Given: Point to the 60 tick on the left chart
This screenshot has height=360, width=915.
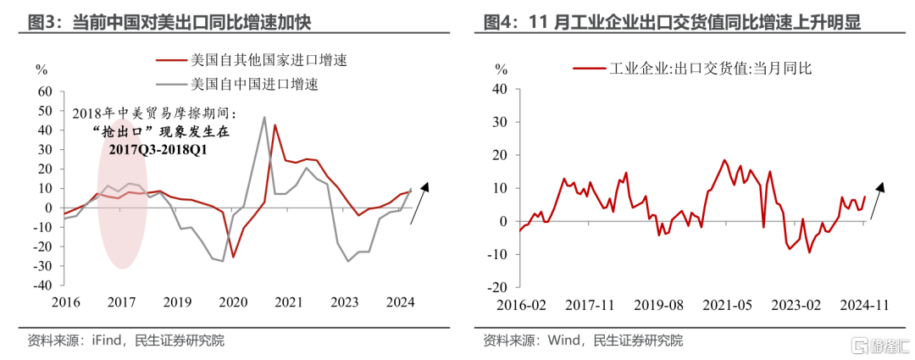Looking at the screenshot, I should pyautogui.click(x=47, y=91).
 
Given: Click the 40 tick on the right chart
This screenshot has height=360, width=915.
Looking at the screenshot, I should pyautogui.click(x=500, y=88).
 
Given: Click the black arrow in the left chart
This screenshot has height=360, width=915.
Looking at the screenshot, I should pyautogui.click(x=420, y=202).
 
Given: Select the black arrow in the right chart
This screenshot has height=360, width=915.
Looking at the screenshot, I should pyautogui.click(x=874, y=202).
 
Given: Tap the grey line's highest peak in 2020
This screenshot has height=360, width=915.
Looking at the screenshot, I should pyautogui.click(x=264, y=117).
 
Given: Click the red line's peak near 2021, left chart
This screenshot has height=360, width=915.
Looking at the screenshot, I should pyautogui.click(x=274, y=125).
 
